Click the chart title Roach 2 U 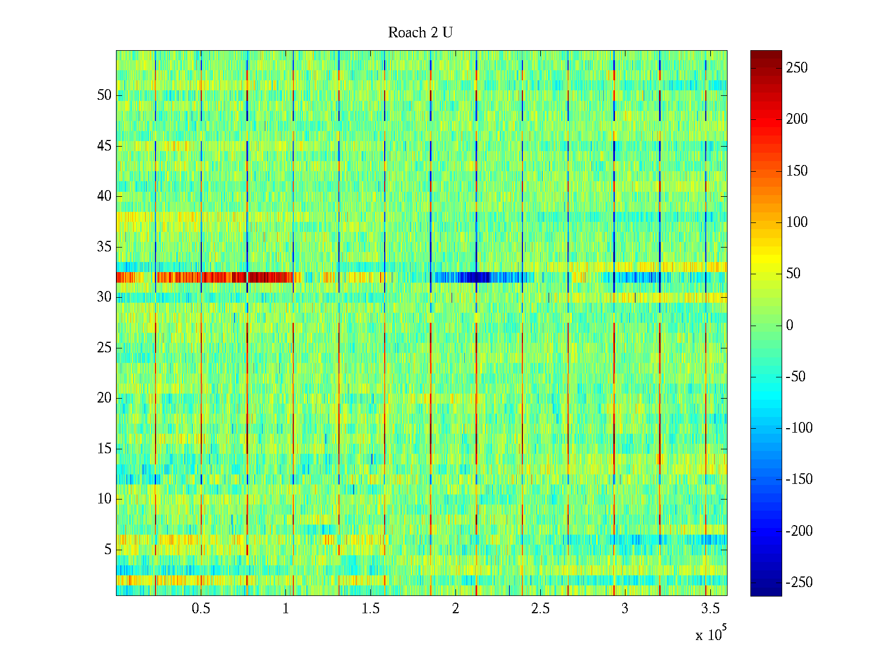[420, 33]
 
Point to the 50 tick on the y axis [104, 95]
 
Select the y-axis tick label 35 [104, 247]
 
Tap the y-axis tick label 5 [108, 550]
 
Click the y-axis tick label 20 [104, 398]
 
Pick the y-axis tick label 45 [104, 146]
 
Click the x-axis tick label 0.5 [201, 609]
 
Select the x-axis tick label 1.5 [370, 609]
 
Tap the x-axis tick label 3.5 [710, 609]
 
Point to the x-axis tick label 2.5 [540, 609]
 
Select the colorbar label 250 [797, 68]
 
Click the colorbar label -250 [799, 583]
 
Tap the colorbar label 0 [789, 326]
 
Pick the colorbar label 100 [797, 222]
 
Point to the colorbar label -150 [799, 479]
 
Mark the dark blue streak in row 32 [474, 277]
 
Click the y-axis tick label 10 [104, 499]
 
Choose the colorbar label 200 [797, 119]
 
